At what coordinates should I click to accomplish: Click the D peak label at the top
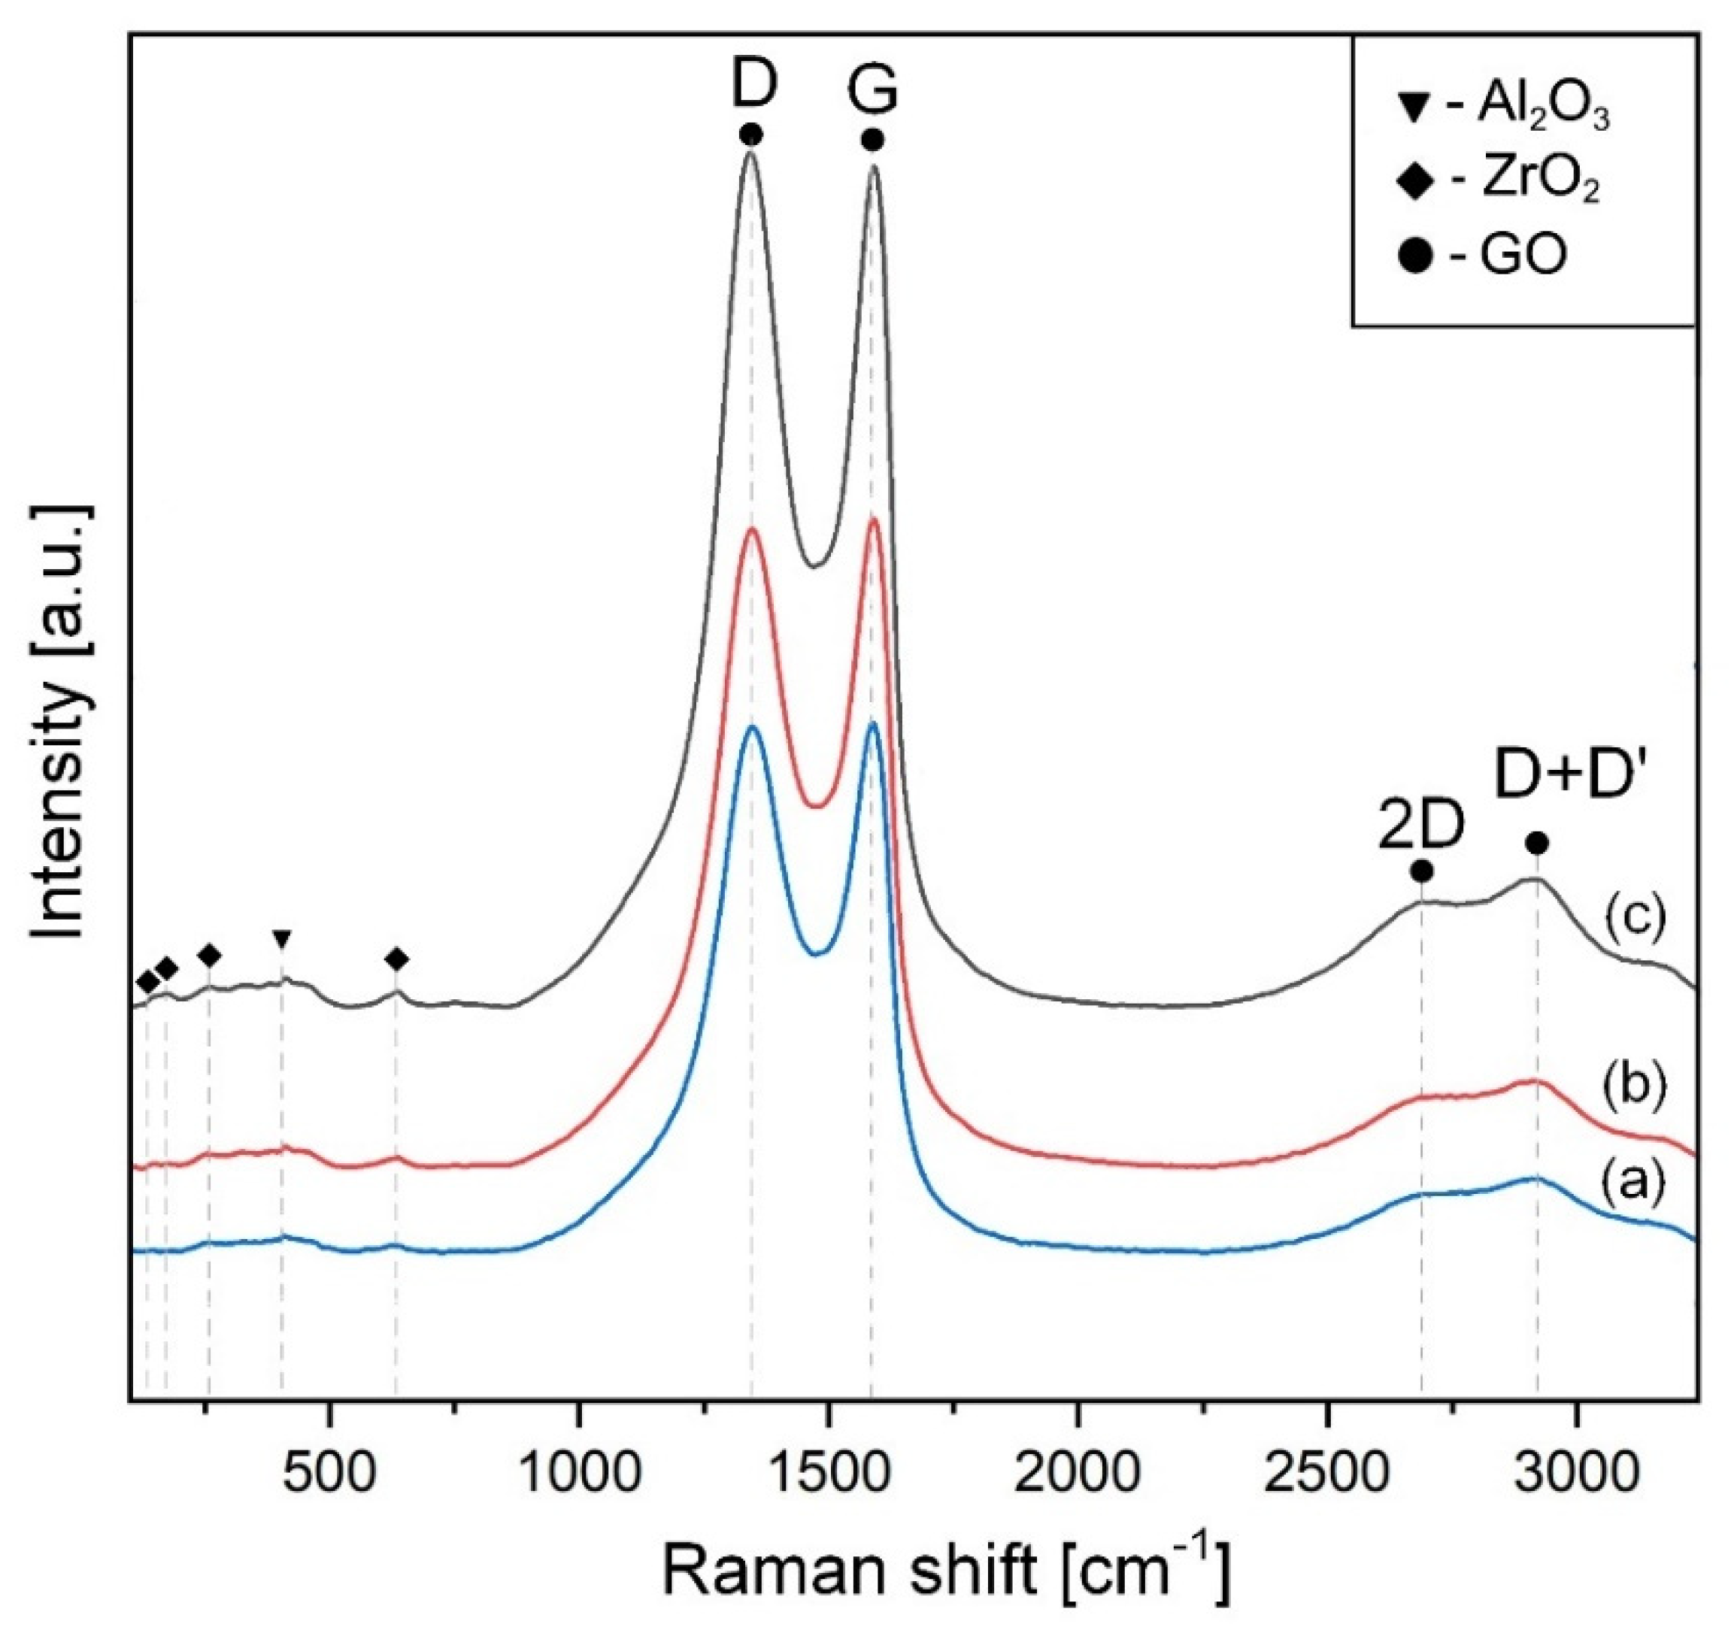point(753,86)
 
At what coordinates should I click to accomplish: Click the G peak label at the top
point(873,91)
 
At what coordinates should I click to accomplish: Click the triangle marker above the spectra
point(281,939)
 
